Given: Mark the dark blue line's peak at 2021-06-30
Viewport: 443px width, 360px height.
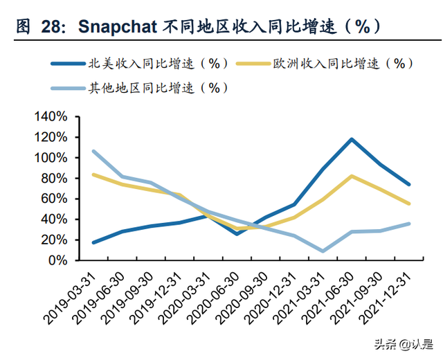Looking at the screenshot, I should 352,139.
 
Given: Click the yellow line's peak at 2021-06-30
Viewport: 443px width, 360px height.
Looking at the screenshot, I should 352,176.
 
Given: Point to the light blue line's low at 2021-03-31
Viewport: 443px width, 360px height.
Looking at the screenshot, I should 323,251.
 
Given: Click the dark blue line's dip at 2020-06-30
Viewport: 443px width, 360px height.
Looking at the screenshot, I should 237,234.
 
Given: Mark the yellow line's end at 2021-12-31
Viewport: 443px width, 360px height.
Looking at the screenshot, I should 408,204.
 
